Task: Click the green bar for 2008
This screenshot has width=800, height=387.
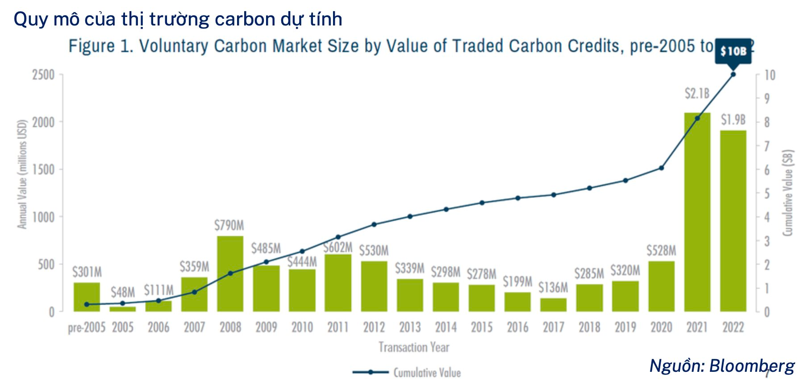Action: coord(230,273)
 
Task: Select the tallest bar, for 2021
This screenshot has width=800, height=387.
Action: coord(697,212)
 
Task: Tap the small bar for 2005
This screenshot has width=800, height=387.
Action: coord(123,309)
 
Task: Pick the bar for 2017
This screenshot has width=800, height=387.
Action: coord(553,305)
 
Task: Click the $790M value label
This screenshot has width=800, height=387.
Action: coord(229,225)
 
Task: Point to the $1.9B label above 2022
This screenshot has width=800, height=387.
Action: coord(733,120)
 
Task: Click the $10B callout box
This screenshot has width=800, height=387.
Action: coord(733,51)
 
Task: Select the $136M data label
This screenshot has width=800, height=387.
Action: coord(553,287)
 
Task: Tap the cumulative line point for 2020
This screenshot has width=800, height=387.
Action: coord(661,168)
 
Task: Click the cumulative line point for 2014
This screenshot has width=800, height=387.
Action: coord(446,209)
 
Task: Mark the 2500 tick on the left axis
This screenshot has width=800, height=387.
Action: coord(43,75)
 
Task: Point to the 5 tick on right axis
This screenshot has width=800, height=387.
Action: coord(767,193)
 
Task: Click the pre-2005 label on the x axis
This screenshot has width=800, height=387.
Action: coord(87,328)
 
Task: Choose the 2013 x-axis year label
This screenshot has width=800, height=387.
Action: coord(410,328)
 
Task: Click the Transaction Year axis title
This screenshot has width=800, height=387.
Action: coord(414,347)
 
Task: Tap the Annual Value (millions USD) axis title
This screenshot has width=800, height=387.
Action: coord(22,174)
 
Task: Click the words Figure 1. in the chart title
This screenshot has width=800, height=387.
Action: coord(101,46)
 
